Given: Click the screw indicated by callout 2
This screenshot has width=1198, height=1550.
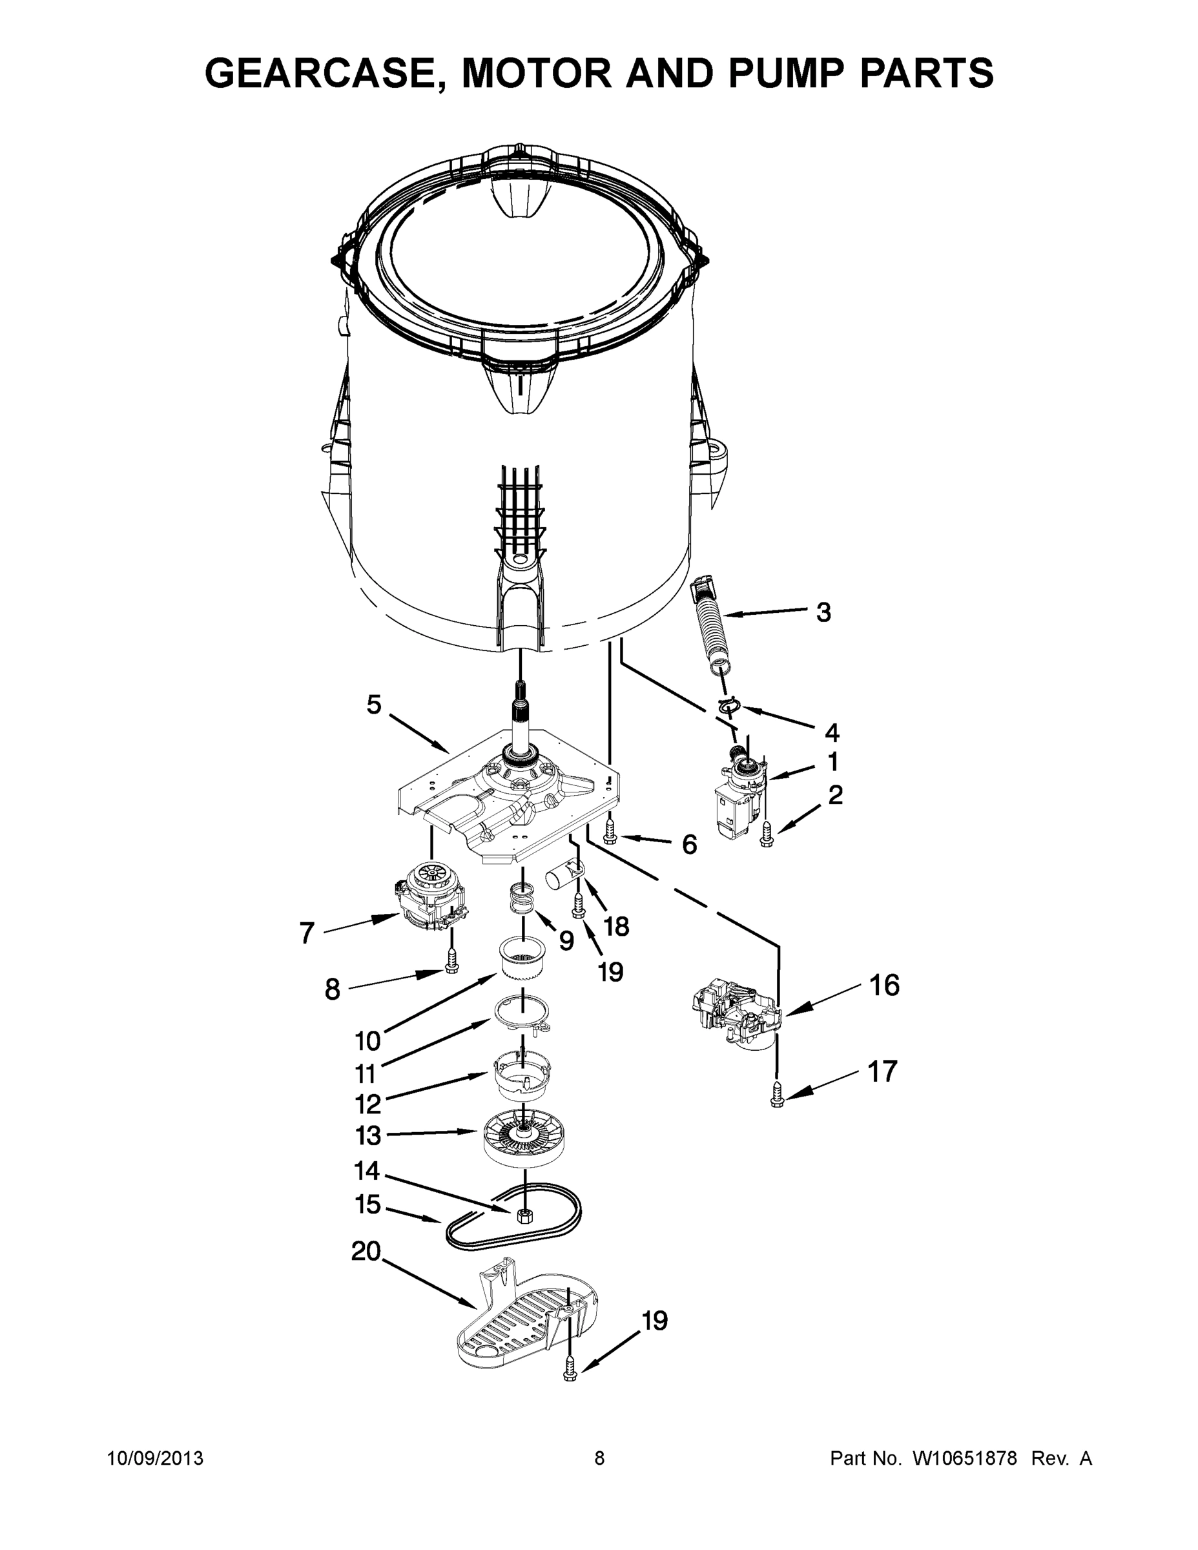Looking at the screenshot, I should pos(766,834).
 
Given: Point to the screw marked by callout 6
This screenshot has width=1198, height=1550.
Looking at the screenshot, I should pos(609,832).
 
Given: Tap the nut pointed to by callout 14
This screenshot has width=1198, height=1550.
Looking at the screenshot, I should pos(524,1215).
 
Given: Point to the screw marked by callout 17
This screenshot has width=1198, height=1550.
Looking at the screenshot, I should pos(776,1096).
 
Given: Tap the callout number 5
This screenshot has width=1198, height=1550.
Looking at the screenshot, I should pos(374,705).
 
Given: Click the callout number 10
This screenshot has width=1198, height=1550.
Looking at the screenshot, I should pos(368,1040).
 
